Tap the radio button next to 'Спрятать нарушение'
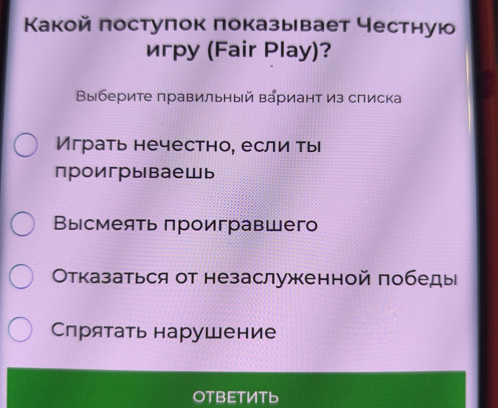tap(20, 329)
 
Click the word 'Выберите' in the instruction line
tap(114, 97)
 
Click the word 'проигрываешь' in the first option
tap(135, 172)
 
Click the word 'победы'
tap(417, 278)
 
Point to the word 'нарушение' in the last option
tap(214, 331)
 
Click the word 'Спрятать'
tap(98, 330)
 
